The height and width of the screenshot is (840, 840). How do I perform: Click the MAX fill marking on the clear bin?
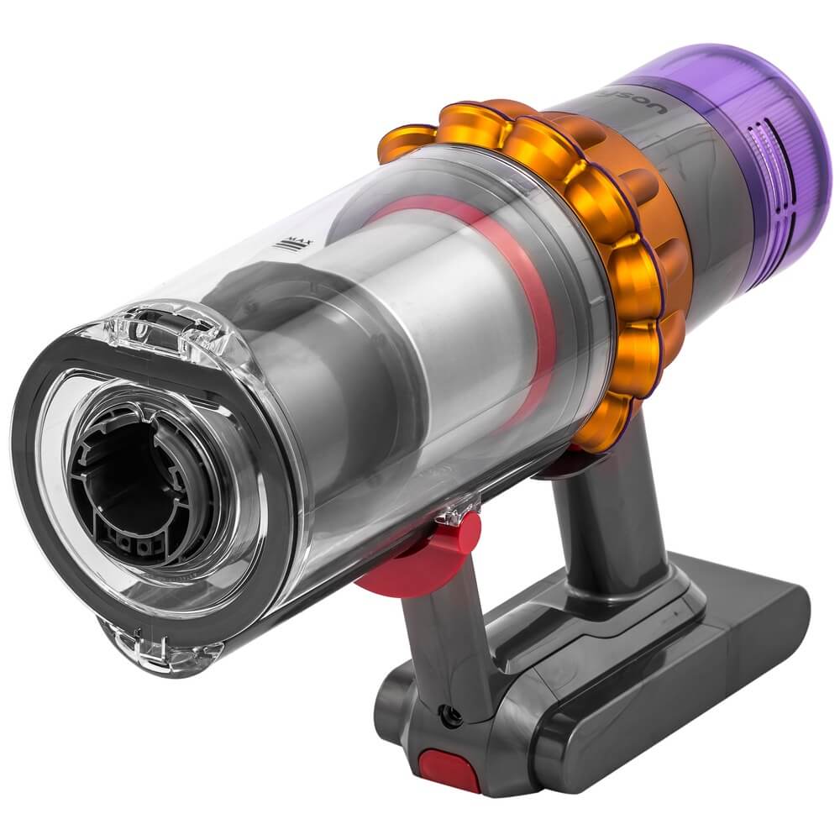(x=293, y=244)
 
